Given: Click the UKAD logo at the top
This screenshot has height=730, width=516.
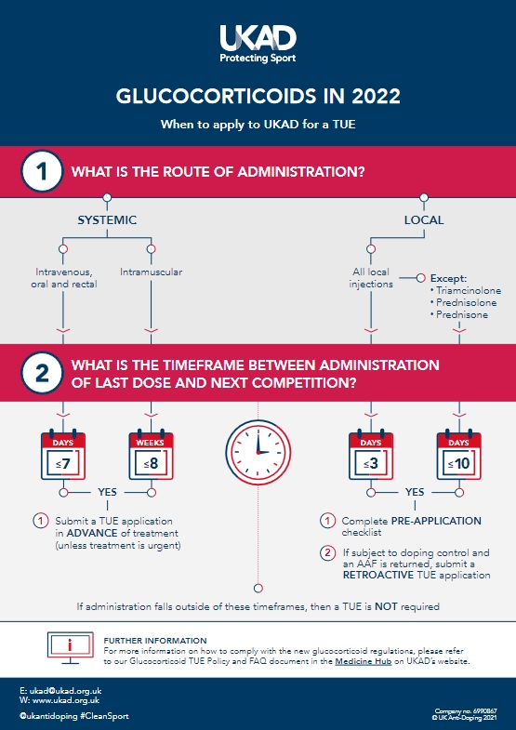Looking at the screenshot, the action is coord(258,45).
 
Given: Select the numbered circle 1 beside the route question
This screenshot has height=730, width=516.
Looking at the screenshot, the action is coord(42,171).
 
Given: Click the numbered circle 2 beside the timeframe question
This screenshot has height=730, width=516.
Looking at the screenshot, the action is coord(42,373).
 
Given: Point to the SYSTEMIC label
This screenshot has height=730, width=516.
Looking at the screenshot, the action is coord(107,219).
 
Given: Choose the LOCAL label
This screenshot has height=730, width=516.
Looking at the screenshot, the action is coord(424,219).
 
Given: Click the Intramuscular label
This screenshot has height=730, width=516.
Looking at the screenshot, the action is coord(152,272).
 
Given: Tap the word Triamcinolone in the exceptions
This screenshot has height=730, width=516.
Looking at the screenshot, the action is coord(469,290).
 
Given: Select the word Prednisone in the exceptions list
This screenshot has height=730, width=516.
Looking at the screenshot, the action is coord(462,314).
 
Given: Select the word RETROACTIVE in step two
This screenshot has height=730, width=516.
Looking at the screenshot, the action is coord(378,575).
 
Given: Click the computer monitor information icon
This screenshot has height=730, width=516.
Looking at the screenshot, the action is coord(71,647).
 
